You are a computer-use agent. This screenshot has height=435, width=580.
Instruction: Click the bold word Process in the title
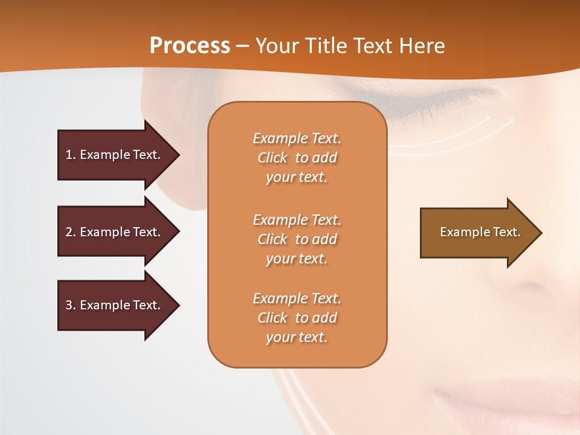coord(190,46)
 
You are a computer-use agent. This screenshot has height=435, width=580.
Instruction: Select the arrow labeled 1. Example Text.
coord(112,155)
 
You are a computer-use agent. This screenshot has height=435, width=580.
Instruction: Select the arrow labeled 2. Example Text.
coord(112,232)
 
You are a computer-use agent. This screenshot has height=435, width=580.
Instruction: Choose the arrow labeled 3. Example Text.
coord(112,305)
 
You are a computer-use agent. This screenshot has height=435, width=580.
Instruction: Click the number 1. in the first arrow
coord(70,155)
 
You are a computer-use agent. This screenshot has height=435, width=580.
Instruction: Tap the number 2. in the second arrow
coord(70,232)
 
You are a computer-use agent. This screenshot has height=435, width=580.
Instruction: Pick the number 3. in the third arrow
coord(70,305)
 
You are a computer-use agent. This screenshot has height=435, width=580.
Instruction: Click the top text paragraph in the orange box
coord(297,158)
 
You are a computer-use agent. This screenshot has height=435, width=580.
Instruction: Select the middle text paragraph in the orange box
coord(297,239)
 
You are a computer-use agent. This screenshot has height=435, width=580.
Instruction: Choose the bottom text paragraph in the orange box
coord(297,318)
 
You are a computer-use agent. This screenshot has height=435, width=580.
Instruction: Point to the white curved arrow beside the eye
coord(471,136)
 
